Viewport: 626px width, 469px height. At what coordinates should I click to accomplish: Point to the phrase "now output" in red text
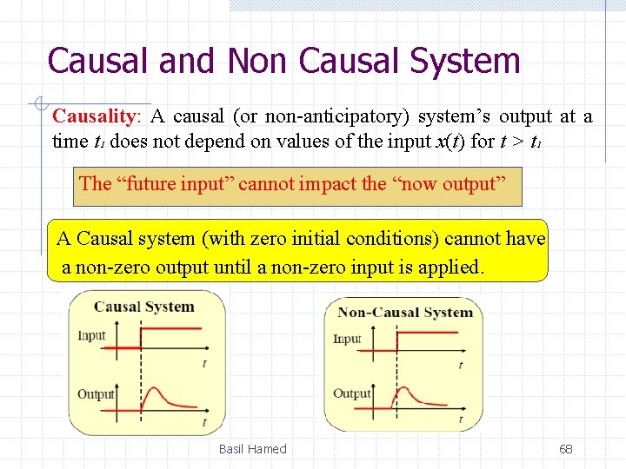point(461,184)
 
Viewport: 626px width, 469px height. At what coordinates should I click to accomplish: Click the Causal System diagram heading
point(144,306)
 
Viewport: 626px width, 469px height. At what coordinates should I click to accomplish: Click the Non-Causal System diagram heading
point(405,313)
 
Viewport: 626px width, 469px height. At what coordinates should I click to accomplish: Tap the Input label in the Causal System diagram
point(91,335)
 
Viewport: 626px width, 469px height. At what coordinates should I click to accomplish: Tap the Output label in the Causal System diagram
point(96,394)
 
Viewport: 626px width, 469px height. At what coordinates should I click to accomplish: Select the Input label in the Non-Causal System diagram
point(347,339)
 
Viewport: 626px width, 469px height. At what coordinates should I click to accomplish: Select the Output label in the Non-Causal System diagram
point(352,393)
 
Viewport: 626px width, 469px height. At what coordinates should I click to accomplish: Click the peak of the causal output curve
point(152,388)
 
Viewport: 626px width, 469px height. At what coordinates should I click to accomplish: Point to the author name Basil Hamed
point(252,449)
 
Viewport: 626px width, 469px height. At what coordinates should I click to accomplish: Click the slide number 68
point(565,449)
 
